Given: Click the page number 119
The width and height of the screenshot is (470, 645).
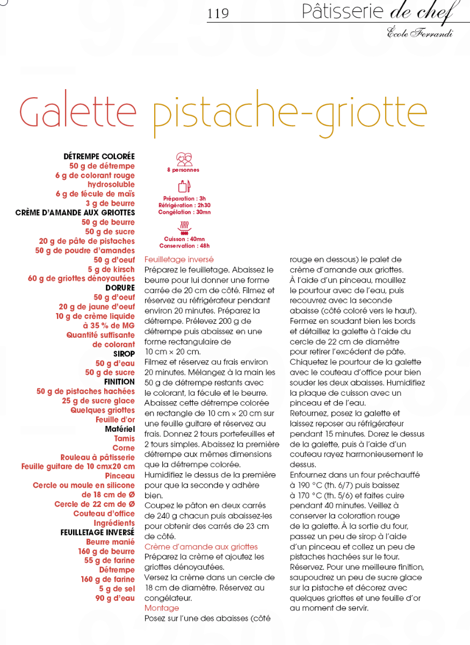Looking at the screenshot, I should coord(218,13).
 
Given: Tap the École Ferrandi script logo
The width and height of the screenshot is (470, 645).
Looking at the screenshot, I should coord(420,33).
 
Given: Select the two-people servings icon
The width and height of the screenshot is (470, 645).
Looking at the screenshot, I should coord(184,159).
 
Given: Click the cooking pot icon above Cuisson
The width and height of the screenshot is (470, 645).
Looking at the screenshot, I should coord(184,228).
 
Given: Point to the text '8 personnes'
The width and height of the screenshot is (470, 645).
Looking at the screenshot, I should coord(183,170).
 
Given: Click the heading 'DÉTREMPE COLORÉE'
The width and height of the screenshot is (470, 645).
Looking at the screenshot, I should coord(99,157).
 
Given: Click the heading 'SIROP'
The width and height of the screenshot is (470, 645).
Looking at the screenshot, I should coord(124,354).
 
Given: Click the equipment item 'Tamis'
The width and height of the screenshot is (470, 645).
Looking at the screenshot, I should coord(125,438).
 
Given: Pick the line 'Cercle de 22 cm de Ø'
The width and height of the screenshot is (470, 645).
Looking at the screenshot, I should coord(95,504).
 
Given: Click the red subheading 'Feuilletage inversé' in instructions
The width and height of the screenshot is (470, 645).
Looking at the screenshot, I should coord(179,259).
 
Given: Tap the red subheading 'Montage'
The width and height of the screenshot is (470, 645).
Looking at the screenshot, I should coord(162,608).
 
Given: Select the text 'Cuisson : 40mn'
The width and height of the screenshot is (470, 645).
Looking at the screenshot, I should coord(184,239).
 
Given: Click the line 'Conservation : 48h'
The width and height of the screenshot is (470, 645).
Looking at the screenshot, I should coord(184,246).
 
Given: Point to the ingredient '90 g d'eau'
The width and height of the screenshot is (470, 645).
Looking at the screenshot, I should coord(115,598).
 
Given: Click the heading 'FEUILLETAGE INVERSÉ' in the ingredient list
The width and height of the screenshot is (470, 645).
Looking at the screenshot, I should coord(97,533).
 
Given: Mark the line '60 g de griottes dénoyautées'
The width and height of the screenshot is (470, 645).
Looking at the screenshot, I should coord(81,279).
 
